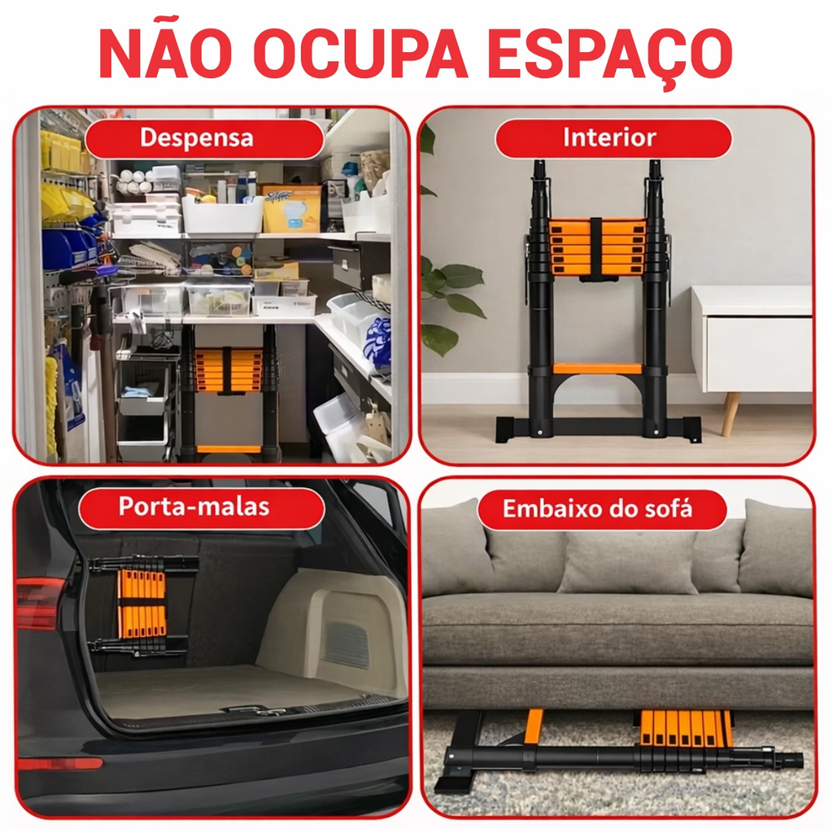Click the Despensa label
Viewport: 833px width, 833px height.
point(197,137)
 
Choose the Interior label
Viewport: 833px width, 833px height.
point(609,137)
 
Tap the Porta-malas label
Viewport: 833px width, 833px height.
point(194,506)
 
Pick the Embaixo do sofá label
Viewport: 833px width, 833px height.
point(598,508)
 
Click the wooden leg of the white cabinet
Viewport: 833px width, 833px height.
point(732,412)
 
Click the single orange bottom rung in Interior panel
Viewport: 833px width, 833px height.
point(598,369)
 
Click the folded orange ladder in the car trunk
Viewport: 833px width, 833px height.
point(142,605)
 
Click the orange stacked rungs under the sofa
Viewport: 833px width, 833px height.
point(687,728)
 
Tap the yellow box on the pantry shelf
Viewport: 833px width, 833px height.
point(292,209)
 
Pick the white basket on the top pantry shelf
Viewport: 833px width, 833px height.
point(222,214)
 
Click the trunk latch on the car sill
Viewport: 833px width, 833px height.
point(254,709)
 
